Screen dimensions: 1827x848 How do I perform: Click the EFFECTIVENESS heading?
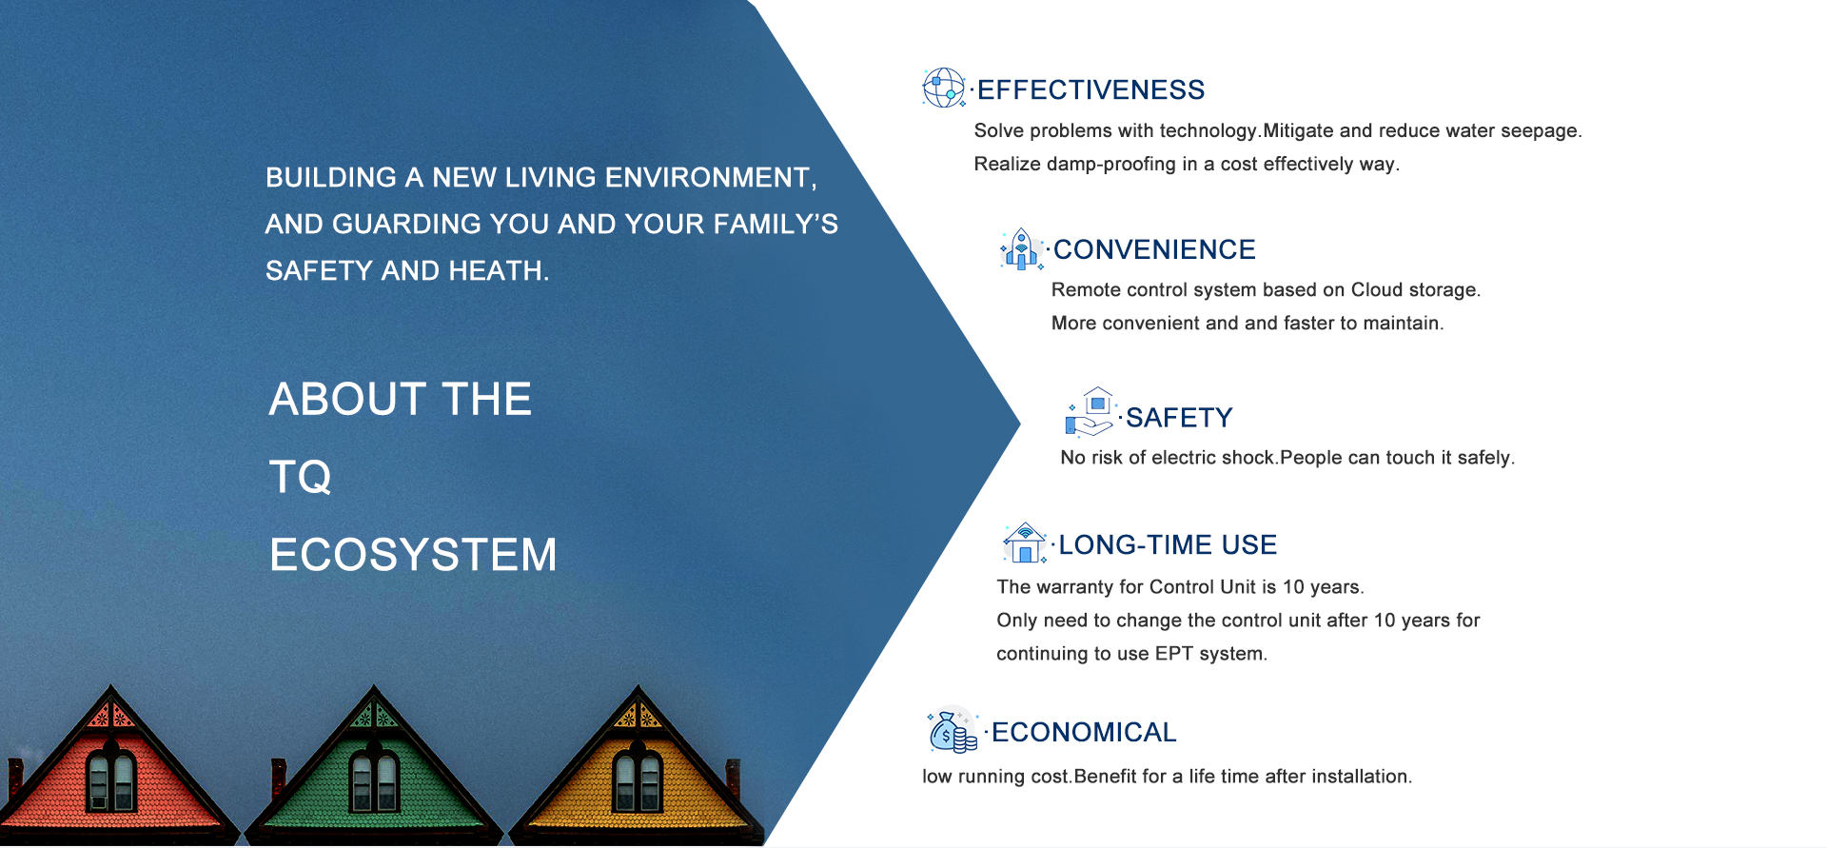1090,89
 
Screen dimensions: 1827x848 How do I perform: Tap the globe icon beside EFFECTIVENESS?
944,88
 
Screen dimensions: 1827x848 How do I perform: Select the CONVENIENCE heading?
1154,249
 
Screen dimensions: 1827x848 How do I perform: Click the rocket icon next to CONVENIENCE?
1022,249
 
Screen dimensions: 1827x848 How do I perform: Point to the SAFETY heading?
1179,418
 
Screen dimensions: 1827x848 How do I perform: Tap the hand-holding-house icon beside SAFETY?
1090,412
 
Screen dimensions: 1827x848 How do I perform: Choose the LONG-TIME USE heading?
1168,544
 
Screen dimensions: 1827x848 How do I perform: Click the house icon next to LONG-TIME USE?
1025,542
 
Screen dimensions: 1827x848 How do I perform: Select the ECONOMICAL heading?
1084,732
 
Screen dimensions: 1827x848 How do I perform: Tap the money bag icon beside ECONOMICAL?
953,731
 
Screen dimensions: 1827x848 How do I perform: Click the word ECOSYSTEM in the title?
413,555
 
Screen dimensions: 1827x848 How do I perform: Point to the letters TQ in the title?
301,477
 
